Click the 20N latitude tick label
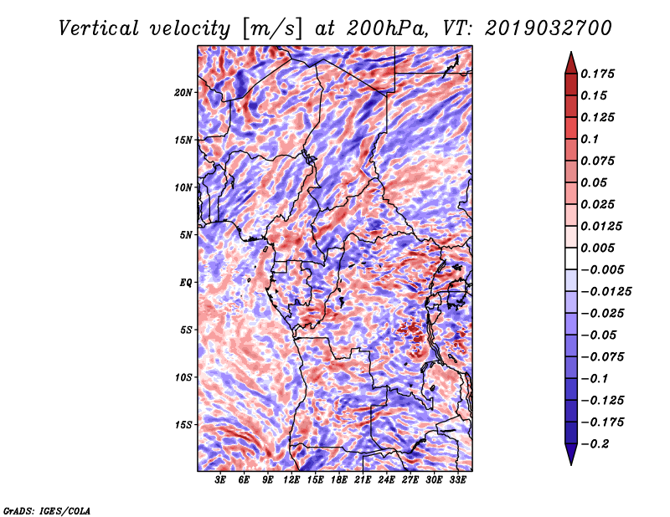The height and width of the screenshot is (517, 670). pos(183,92)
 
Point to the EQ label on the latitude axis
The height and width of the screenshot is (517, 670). pos(186,283)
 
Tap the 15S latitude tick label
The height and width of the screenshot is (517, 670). pos(183,425)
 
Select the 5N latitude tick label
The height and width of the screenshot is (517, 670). pos(186,235)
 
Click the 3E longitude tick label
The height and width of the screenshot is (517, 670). pos(220,479)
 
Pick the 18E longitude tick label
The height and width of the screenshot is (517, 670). pos(339,479)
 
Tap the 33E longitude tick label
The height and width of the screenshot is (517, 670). pos(457,479)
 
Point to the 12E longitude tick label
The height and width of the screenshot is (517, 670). pos(291,479)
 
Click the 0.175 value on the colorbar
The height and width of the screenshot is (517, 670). pos(597,74)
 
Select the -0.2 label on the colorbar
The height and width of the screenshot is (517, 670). pos(595,444)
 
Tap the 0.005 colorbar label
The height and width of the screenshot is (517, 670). pos(597,248)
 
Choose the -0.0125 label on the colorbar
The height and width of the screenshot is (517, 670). pos(606,292)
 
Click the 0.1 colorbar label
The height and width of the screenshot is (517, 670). pos(590,139)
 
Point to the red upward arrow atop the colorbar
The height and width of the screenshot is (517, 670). pos(571,64)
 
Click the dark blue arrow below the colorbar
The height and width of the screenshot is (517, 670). pos(571,453)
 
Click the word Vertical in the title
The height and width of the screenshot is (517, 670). pos(98,28)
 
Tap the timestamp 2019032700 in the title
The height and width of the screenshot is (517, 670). pos(549,28)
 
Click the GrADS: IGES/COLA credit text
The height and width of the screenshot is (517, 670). pos(47,511)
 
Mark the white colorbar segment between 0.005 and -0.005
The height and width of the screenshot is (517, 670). pos(571,258)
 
